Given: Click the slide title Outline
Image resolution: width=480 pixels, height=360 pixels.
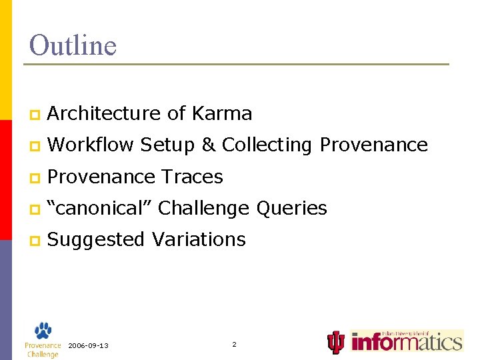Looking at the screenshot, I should pos(73,45).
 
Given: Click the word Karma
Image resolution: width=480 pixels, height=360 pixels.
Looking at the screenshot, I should pos(221,114).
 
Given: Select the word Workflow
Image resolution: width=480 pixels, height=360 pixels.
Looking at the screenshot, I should pos(91,145).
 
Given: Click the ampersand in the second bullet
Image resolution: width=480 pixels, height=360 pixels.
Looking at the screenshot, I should pos(208,145).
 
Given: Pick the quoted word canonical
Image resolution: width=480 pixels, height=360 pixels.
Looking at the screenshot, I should pos(101,208).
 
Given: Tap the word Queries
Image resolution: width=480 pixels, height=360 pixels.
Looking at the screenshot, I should pos(293,208).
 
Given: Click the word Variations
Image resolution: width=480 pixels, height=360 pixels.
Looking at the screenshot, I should pos(199,239).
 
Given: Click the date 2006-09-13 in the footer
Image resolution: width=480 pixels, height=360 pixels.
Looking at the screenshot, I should pos(89,345).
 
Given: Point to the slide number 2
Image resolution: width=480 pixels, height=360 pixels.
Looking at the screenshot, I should pos(234,344).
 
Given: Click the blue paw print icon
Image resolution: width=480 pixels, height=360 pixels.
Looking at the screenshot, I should pos(43,331).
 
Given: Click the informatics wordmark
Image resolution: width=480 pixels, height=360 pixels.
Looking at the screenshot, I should pos(407,342).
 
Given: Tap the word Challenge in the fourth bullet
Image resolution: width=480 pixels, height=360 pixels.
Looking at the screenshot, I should pos(205,208).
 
